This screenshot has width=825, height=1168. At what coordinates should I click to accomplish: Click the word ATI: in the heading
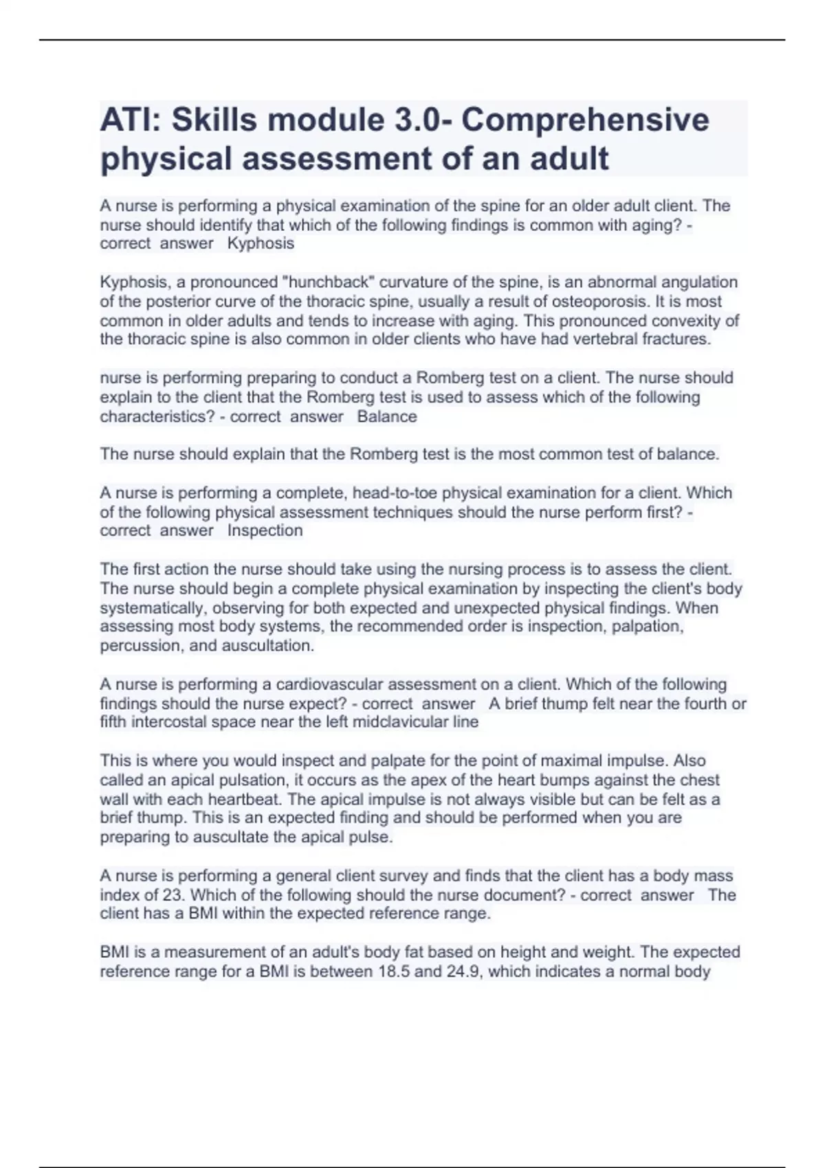[x=131, y=120]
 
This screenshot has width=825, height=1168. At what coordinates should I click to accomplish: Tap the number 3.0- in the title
[x=423, y=120]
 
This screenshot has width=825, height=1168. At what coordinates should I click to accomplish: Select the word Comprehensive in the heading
[x=585, y=120]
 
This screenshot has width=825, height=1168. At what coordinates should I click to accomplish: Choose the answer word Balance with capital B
[x=387, y=416]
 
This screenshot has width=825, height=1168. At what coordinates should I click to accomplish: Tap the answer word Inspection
[x=265, y=530]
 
